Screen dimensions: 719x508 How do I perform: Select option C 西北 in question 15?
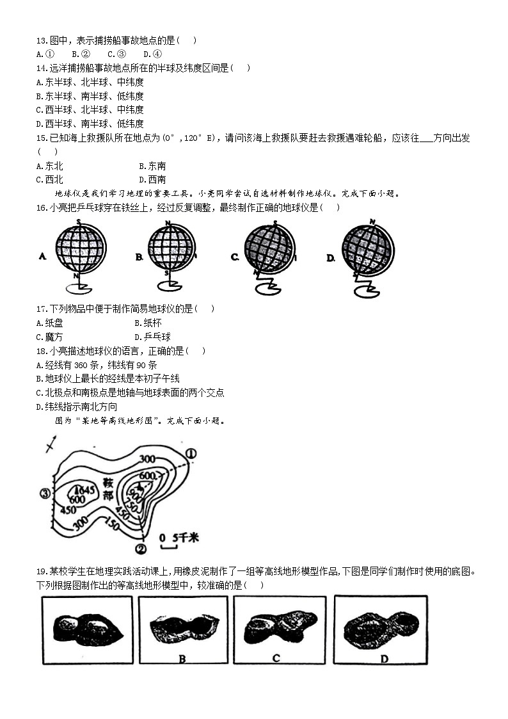click(x=50, y=180)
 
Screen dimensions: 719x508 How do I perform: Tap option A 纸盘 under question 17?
click(x=50, y=323)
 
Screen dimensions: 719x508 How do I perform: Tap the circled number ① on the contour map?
click(x=191, y=454)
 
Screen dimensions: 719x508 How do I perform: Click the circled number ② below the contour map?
click(x=141, y=549)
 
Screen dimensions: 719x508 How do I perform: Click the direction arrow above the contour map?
click(x=51, y=444)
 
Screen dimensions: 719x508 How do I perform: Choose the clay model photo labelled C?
click(x=280, y=629)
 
